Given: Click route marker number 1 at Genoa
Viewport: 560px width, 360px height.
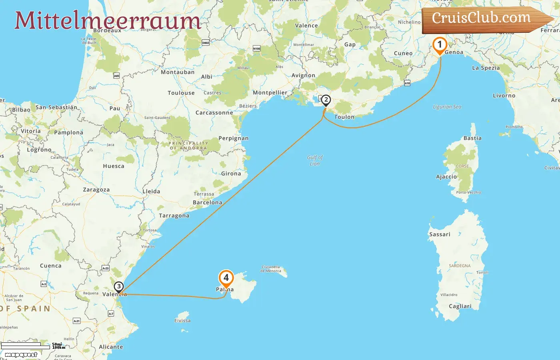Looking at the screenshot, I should pyautogui.click(x=440, y=45).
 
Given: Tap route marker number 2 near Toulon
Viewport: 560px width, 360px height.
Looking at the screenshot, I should pyautogui.click(x=326, y=100).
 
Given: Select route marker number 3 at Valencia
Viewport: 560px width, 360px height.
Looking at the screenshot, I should pyautogui.click(x=118, y=287).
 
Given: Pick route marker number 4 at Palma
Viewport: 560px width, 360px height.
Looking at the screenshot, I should pyautogui.click(x=226, y=278).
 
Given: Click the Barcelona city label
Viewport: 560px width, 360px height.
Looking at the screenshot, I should pyautogui.click(x=207, y=202).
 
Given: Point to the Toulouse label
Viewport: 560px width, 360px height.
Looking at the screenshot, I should pyautogui.click(x=181, y=93).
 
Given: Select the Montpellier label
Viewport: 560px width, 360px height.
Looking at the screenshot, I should pyautogui.click(x=270, y=92).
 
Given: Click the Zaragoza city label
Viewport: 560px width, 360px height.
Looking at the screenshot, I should pyautogui.click(x=96, y=190).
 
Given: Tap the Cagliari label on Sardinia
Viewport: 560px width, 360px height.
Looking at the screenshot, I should pyautogui.click(x=460, y=306).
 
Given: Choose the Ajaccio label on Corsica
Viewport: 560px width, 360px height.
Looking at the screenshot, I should pyautogui.click(x=446, y=176).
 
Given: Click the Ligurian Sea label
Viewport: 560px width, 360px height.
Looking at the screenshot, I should pyautogui.click(x=447, y=107).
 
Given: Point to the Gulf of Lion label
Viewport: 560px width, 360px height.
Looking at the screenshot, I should pyautogui.click(x=315, y=160).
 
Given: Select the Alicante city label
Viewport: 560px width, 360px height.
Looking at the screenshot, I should pyautogui.click(x=111, y=347).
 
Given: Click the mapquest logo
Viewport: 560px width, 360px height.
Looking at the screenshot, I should pyautogui.click(x=21, y=355).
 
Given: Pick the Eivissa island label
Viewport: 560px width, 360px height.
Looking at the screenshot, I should pyautogui.click(x=182, y=320).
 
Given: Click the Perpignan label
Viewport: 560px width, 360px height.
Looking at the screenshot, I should pyautogui.click(x=233, y=138).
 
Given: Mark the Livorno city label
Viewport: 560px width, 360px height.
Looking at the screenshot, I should pyautogui.click(x=504, y=96).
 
